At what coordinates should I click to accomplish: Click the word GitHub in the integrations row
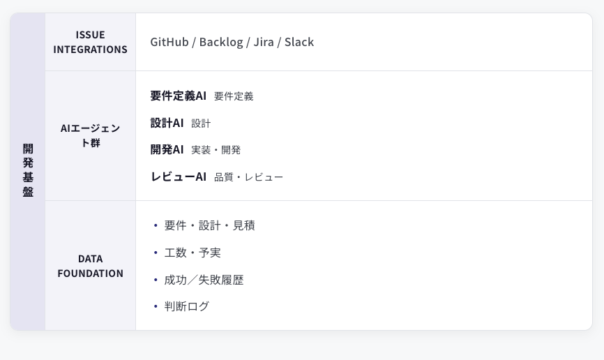(x=169, y=42)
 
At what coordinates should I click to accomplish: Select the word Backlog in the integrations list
(x=221, y=42)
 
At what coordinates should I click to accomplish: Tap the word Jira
(x=264, y=42)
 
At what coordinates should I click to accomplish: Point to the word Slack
(x=299, y=42)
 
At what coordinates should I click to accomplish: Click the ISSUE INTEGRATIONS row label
(x=91, y=42)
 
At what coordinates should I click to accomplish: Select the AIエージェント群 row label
(x=91, y=135)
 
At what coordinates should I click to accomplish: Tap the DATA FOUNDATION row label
(x=91, y=266)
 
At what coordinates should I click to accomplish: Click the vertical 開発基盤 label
(x=28, y=170)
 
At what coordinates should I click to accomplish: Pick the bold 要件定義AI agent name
(x=179, y=96)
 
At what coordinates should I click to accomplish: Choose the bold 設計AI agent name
(x=167, y=123)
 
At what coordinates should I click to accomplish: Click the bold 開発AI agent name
(x=167, y=149)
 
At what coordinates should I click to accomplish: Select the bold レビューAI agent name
(x=179, y=177)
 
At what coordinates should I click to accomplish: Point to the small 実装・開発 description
(x=216, y=150)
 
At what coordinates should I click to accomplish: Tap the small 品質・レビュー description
(x=248, y=177)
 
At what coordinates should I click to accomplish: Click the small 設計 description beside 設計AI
(x=201, y=123)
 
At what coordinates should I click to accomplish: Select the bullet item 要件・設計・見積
(x=209, y=225)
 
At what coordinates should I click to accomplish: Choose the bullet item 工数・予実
(x=192, y=253)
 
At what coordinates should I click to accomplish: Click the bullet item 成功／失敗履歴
(x=204, y=280)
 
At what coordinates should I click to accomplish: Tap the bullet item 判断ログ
(x=186, y=306)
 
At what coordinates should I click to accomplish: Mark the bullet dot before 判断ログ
(x=156, y=307)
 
